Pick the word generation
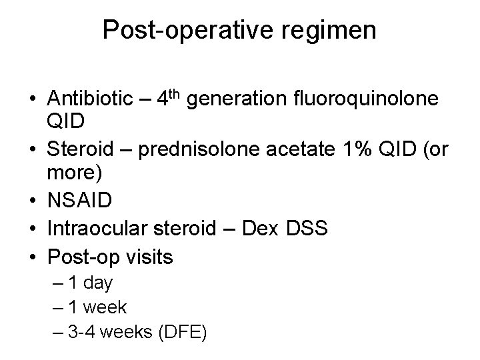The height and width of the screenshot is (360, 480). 237,99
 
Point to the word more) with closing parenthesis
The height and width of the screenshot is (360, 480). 75,174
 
